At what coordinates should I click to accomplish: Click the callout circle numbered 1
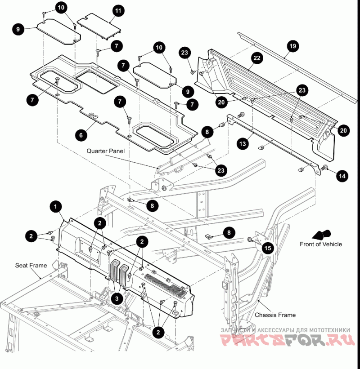[x=55, y=207]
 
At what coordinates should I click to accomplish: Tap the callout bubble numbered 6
[x=81, y=134]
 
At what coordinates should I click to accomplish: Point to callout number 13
[x=243, y=144]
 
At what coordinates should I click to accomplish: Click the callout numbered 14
[x=342, y=176]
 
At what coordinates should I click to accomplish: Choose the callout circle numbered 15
[x=268, y=248]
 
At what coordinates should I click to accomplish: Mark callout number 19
[x=292, y=46]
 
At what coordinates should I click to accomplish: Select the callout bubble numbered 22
[x=257, y=58]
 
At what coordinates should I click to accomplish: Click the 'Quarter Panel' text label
[x=105, y=151]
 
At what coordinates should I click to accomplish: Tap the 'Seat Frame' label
[x=31, y=265]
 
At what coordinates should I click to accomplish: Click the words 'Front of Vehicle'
[x=320, y=245]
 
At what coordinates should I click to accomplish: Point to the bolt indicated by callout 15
[x=251, y=239]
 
